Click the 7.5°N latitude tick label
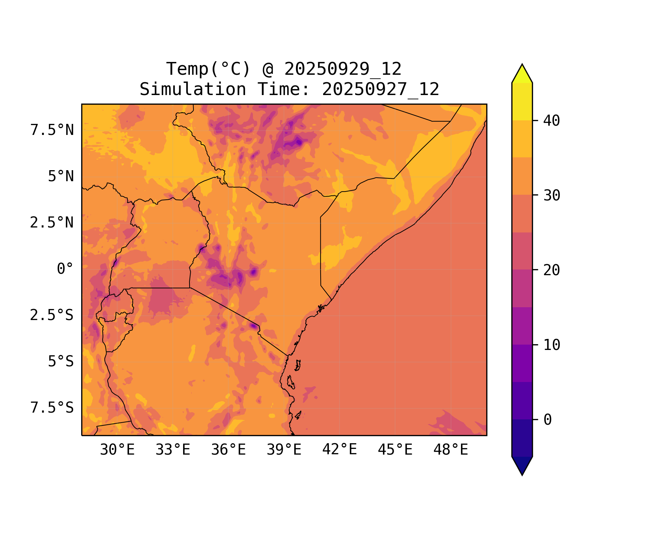pyautogui.click(x=52, y=130)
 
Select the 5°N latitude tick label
pyautogui.click(x=61, y=177)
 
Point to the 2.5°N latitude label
pyautogui.click(x=52, y=223)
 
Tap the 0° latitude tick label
pyautogui.click(x=65, y=269)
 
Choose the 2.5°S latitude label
pyautogui.click(x=52, y=315)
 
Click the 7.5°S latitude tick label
pyautogui.click(x=52, y=408)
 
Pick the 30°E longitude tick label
pyautogui.click(x=117, y=450)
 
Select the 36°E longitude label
pyautogui.click(x=228, y=450)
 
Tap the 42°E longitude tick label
pyautogui.click(x=340, y=450)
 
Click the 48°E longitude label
pyautogui.click(x=451, y=450)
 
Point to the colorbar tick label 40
pyautogui.click(x=551, y=121)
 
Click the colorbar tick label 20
pyautogui.click(x=551, y=270)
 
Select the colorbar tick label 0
pyautogui.click(x=548, y=420)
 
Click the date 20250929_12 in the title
pyautogui.click(x=343, y=69)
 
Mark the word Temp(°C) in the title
pyautogui.click(x=208, y=69)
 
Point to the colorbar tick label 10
pyautogui.click(x=551, y=345)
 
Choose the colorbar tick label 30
pyautogui.click(x=551, y=195)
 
